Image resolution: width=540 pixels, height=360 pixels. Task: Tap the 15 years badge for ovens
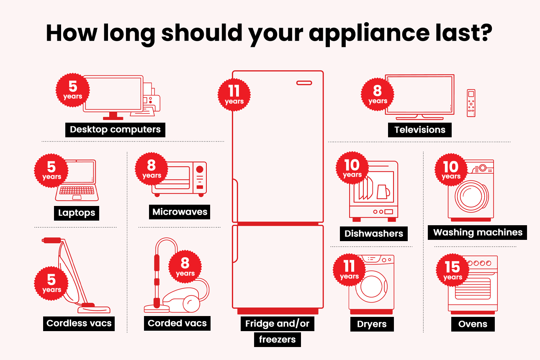click(x=453, y=270)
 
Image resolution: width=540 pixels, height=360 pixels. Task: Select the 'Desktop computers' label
click(x=115, y=129)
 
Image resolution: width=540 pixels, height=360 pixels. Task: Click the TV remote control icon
click(x=471, y=103)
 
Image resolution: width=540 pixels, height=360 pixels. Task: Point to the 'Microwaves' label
click(x=180, y=212)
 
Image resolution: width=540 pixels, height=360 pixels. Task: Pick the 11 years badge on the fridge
click(x=234, y=95)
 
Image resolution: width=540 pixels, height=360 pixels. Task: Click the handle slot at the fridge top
click(x=304, y=83)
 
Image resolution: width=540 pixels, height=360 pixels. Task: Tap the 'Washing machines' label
click(x=478, y=232)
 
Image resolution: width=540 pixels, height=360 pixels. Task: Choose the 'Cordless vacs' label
click(x=79, y=323)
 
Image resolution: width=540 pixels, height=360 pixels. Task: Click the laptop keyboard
click(x=77, y=190)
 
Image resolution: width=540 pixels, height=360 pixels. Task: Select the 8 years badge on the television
click(x=378, y=95)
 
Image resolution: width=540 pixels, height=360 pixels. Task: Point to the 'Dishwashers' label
click(x=373, y=234)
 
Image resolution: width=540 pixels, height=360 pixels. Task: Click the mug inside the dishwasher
click(x=383, y=192)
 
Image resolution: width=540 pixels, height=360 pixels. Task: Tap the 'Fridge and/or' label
click(x=277, y=324)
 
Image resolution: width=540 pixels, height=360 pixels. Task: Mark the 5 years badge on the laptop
click(x=51, y=170)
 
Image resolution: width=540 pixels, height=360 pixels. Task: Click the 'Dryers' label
click(x=372, y=324)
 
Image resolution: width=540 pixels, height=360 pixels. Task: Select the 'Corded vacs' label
click(x=177, y=323)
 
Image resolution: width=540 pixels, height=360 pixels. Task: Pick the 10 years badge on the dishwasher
click(x=352, y=168)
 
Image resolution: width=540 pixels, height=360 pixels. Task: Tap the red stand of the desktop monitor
click(x=113, y=116)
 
